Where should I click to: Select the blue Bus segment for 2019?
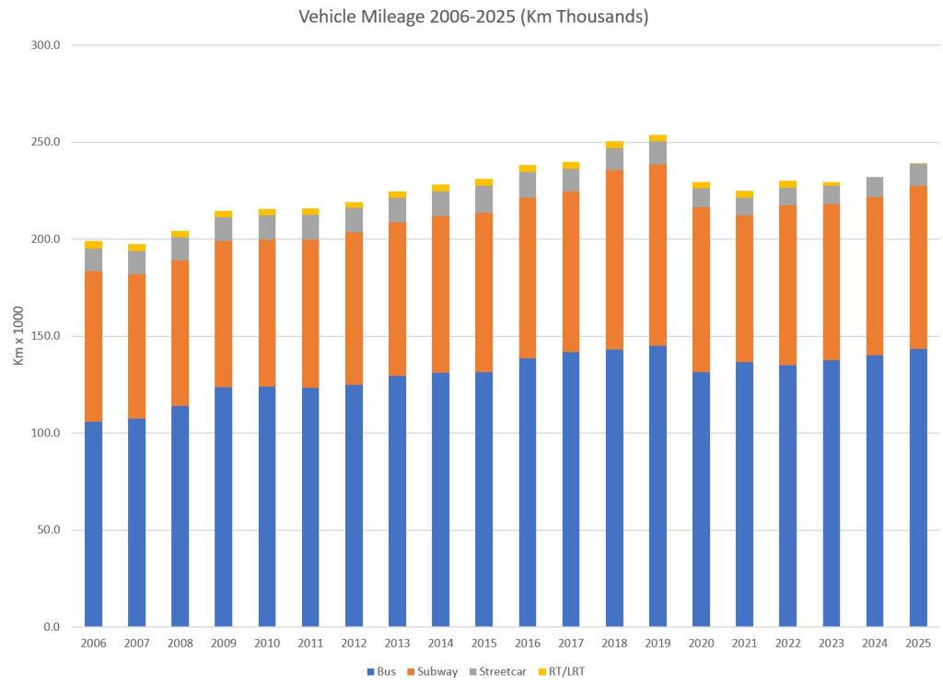[x=658, y=486]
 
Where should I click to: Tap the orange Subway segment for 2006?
[x=93, y=346]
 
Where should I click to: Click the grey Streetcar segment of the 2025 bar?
[x=918, y=175]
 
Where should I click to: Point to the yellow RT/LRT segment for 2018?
[x=614, y=145]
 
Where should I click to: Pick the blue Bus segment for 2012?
[x=354, y=506]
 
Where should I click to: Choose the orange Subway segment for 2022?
[x=788, y=285]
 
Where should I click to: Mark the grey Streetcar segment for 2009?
[x=223, y=229]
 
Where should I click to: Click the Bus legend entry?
[x=381, y=671]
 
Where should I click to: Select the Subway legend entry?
[x=433, y=671]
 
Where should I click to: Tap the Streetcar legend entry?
[x=498, y=671]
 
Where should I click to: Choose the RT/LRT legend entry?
[x=561, y=671]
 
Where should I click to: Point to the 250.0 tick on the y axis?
[x=45, y=143]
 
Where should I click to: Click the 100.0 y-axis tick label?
[x=45, y=433]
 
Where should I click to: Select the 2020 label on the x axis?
[x=701, y=644]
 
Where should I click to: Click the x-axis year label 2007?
[x=136, y=644]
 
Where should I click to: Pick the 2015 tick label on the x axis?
[x=484, y=644]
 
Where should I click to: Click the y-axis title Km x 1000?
[x=18, y=335]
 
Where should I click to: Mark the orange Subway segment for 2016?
[x=528, y=278]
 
